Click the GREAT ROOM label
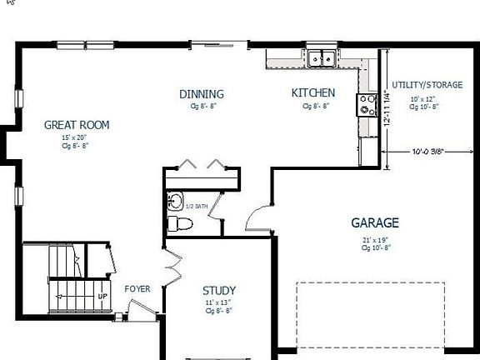(x=77, y=125)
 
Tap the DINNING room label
(x=202, y=93)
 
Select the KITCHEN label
(x=313, y=92)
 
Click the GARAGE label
(x=375, y=222)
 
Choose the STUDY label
(x=219, y=290)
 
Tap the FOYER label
(x=137, y=289)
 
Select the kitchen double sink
(x=321, y=58)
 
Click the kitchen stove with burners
(x=367, y=104)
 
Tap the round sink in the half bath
(x=175, y=201)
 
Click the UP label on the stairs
(x=102, y=296)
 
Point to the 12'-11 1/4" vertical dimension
(x=387, y=107)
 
